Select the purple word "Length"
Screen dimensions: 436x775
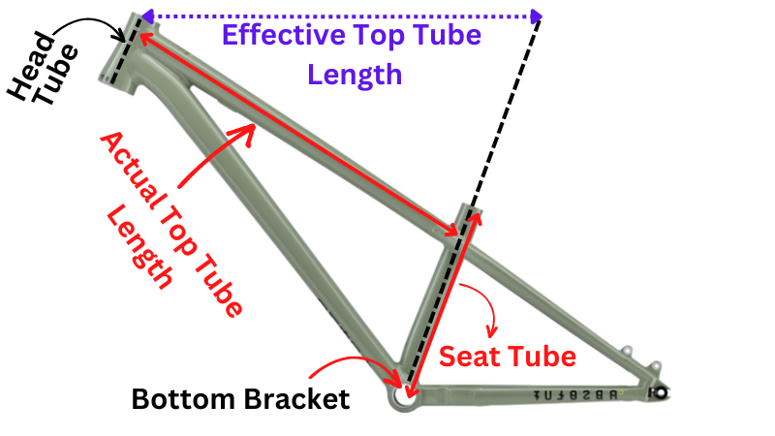(354, 74)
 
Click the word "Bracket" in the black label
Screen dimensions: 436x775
(294, 399)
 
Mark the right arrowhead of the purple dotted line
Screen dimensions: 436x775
(536, 16)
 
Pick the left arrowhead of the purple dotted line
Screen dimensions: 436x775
(146, 16)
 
